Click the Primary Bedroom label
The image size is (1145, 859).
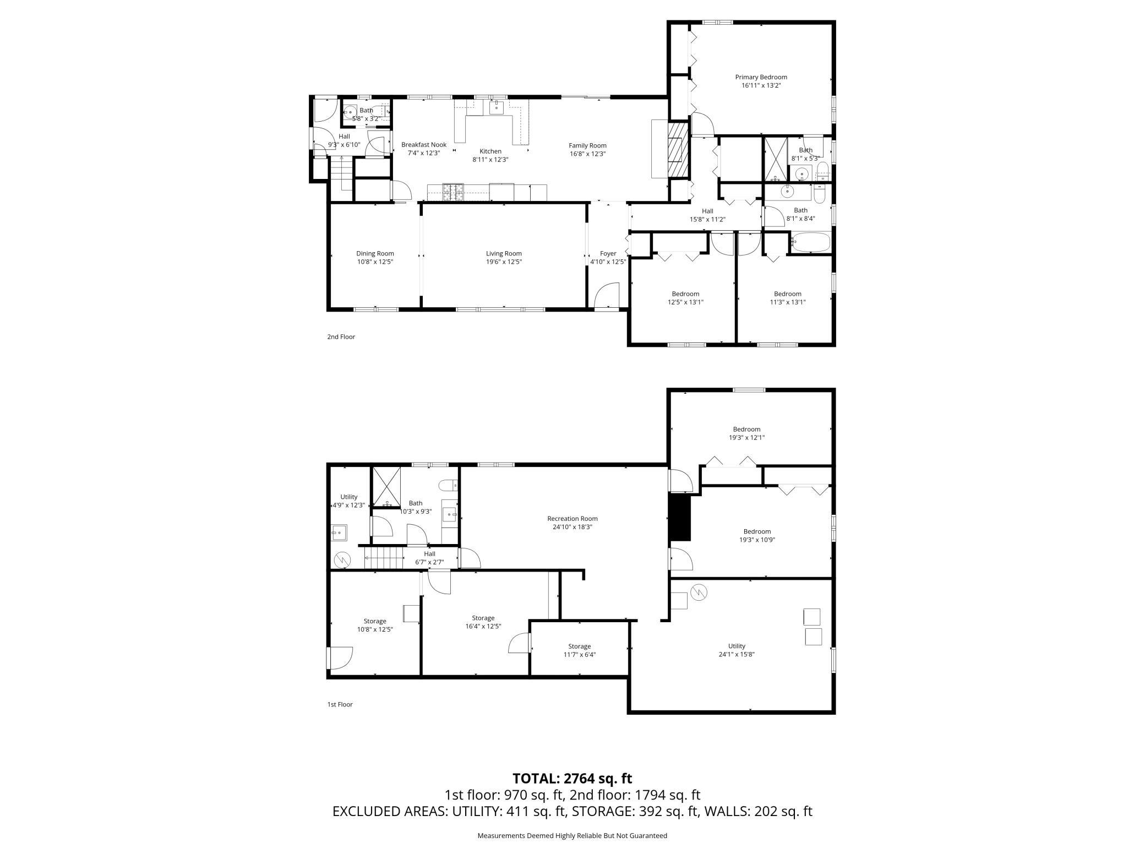[x=761, y=77]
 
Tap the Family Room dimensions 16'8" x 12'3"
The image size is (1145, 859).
[x=587, y=154]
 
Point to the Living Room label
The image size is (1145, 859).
[x=503, y=254]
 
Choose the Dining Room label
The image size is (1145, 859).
[x=375, y=254]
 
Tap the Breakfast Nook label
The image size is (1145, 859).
[x=423, y=145]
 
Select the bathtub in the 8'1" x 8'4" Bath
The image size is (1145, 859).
[x=810, y=242]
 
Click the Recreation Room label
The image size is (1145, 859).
[x=572, y=518]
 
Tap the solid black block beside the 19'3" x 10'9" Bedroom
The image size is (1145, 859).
[x=679, y=518]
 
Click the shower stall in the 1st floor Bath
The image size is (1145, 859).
[x=387, y=487]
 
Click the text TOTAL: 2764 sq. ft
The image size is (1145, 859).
[x=572, y=778]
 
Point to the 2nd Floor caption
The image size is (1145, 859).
[x=341, y=336]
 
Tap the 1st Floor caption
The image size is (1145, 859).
[x=340, y=704]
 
